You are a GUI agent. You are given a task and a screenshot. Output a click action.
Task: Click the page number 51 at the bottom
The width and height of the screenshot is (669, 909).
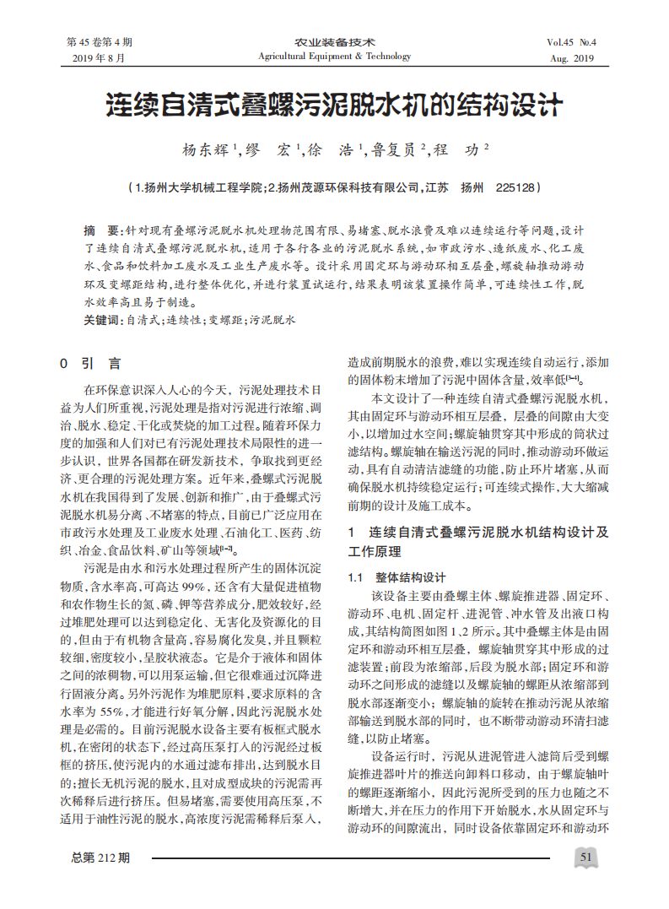[587, 858]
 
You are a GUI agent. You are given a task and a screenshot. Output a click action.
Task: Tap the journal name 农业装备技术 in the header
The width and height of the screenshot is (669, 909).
[335, 42]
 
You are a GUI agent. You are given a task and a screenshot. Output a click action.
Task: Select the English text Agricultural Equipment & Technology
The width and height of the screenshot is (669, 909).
[335, 57]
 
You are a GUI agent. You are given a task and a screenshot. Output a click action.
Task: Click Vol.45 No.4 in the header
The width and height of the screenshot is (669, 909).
[571, 42]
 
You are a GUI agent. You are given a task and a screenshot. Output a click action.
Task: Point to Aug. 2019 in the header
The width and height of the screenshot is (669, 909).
[572, 58]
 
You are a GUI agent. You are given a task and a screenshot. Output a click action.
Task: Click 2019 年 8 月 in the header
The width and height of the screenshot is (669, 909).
[99, 58]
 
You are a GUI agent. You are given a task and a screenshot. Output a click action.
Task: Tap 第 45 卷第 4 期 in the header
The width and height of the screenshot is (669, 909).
[99, 42]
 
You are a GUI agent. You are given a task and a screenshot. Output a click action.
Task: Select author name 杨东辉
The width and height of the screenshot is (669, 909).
[207, 150]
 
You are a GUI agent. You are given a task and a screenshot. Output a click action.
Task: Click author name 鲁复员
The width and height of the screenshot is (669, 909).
[394, 150]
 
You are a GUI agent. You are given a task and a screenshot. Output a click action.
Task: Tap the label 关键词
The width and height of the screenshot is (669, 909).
[102, 321]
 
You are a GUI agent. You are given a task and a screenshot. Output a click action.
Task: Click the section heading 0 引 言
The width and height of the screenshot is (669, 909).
[90, 364]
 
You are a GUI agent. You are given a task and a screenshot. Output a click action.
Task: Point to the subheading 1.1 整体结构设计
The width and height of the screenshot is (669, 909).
[397, 578]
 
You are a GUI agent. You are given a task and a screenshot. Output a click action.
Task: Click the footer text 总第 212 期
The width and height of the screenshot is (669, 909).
[101, 858]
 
